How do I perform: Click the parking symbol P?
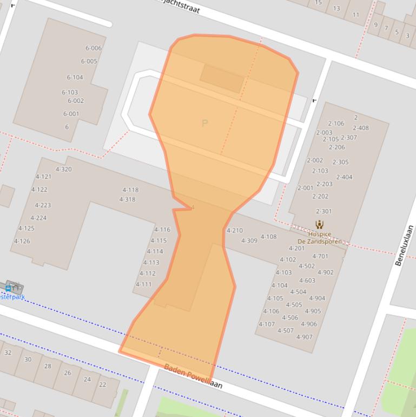click(204, 123)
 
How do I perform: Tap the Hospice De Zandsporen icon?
click(319, 224)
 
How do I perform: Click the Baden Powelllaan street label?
click(193, 376)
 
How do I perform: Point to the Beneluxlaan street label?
click(404, 245)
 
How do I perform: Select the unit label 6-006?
click(93, 48)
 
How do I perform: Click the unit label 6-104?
click(75, 77)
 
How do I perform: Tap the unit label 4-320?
click(63, 170)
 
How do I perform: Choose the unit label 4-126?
click(22, 242)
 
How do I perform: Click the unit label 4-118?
click(130, 190)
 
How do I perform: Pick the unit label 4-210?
click(234, 231)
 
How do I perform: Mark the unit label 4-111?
click(143, 284)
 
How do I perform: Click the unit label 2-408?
click(361, 128)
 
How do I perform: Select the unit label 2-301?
click(323, 211)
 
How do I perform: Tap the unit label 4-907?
click(305, 337)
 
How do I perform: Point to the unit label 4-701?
click(320, 257)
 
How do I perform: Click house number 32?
click(8, 353)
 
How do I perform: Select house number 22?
click(102, 385)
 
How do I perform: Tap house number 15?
click(318, 3)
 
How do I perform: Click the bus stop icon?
click(8, 288)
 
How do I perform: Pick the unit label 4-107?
click(267, 324)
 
